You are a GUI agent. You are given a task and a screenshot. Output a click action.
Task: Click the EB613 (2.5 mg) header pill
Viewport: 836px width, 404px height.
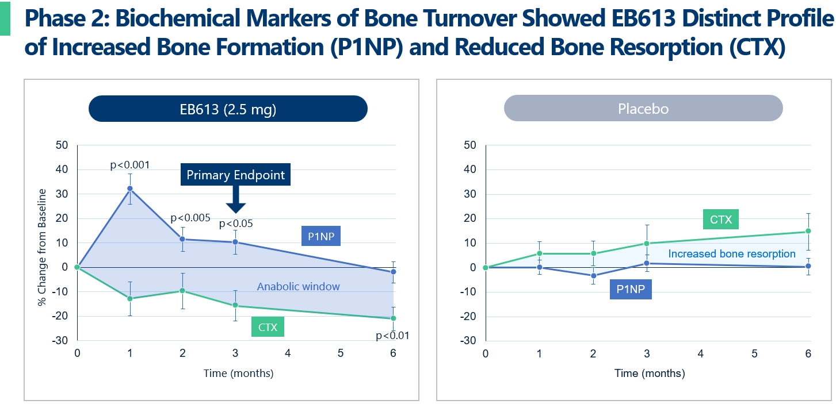[x=228, y=109]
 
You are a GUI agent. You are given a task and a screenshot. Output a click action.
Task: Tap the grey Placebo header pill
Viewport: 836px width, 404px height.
[x=643, y=109]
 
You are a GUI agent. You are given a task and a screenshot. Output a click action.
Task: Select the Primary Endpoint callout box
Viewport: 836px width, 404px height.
[x=235, y=175]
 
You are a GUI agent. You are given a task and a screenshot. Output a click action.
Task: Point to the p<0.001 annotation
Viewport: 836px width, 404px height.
[x=130, y=165]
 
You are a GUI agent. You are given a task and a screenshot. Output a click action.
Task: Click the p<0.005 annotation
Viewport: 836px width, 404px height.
[x=190, y=218]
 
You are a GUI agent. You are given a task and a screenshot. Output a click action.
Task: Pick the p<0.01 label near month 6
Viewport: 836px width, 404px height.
[x=392, y=336]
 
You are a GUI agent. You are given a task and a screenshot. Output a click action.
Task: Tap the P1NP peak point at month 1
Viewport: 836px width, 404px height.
[x=130, y=188]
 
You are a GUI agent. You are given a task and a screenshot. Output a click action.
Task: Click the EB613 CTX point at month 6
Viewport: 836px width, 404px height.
[x=394, y=318]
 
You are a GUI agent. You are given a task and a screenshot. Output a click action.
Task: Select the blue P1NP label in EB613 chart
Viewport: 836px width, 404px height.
[x=321, y=236]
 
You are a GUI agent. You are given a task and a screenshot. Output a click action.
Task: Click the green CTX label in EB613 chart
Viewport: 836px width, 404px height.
[x=268, y=328]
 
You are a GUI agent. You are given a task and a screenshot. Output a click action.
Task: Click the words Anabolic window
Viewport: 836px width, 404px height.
[x=298, y=286]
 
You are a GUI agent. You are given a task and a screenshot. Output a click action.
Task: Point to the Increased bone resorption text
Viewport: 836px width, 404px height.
[x=732, y=253]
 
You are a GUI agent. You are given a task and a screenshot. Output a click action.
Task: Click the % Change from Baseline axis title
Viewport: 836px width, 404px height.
[x=42, y=242]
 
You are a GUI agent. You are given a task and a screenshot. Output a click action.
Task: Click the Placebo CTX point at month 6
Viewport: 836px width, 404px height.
[x=808, y=231]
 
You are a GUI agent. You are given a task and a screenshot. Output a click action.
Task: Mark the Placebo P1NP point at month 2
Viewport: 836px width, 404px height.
[x=593, y=276]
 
